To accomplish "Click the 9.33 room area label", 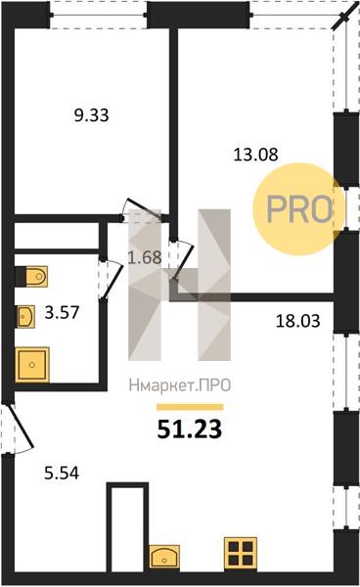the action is [x=91, y=115].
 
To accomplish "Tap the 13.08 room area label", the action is [x=256, y=155].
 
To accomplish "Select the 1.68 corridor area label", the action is [x=145, y=257].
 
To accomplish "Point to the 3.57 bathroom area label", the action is [x=63, y=313].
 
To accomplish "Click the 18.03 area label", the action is [x=297, y=321].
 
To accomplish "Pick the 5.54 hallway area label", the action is [x=62, y=474].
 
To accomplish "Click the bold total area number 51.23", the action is [x=190, y=429].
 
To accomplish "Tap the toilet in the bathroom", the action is [x=32, y=276].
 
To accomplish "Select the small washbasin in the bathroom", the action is [x=25, y=317].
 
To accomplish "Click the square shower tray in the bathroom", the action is [x=32, y=365].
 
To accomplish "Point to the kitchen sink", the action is [x=164, y=558].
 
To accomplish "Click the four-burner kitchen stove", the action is [x=241, y=554].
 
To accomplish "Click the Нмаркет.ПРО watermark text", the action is [x=180, y=385].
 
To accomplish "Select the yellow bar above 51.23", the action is [x=190, y=407].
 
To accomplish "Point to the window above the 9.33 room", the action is [x=98, y=15].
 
